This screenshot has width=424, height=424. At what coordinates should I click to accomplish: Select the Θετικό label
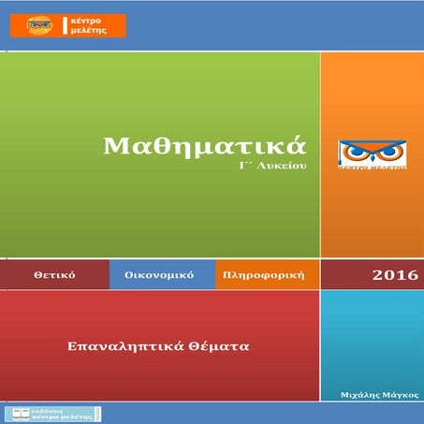(x=53, y=276)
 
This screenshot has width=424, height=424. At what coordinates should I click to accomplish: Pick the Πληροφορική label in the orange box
(x=266, y=276)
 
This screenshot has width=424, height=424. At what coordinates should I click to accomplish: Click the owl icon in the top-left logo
(x=38, y=24)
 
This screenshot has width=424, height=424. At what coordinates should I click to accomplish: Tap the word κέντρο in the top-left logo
(x=86, y=19)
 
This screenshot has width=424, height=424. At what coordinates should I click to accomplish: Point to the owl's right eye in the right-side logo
(x=388, y=151)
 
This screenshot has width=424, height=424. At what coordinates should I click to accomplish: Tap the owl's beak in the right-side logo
(x=373, y=156)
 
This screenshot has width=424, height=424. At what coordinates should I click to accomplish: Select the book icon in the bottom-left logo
(x=20, y=413)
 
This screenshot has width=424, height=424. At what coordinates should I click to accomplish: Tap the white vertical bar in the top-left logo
(x=63, y=24)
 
